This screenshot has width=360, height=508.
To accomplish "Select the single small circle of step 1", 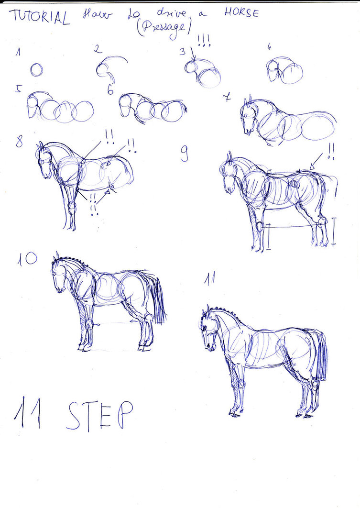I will (36, 70).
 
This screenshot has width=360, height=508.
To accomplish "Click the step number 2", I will (97, 48).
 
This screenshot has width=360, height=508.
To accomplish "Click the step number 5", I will (18, 88).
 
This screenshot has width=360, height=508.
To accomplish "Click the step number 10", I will (28, 259).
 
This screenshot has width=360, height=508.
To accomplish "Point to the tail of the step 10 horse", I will (158, 299).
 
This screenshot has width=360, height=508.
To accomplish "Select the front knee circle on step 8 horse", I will (72, 207).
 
